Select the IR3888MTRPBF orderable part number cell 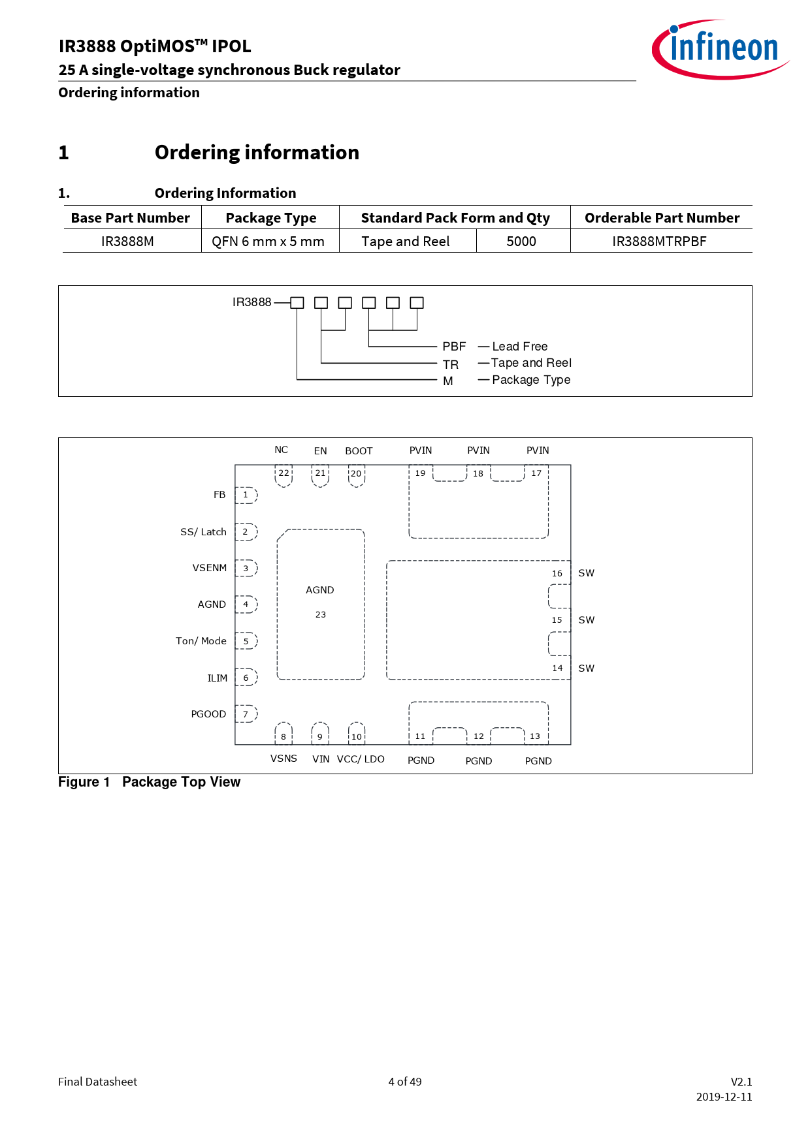pyautogui.click(x=659, y=242)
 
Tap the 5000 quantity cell pyautogui.click(x=521, y=242)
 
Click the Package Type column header pyautogui.click(x=270, y=218)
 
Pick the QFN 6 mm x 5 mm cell pyautogui.click(x=268, y=242)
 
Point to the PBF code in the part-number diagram pyautogui.click(x=454, y=347)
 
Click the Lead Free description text pyautogui.click(x=520, y=347)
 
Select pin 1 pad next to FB pyautogui.click(x=246, y=495)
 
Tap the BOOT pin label pyautogui.click(x=359, y=451)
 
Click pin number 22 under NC pyautogui.click(x=283, y=473)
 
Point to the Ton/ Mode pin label pyautogui.click(x=201, y=641)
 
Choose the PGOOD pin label pyautogui.click(x=208, y=714)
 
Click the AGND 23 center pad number pyautogui.click(x=321, y=615)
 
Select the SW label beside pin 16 pyautogui.click(x=586, y=573)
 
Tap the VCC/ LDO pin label pyautogui.click(x=361, y=759)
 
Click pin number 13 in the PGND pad pyautogui.click(x=535, y=736)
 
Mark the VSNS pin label pyautogui.click(x=283, y=759)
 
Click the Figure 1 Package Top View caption pyautogui.click(x=149, y=782)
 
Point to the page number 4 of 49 pyautogui.click(x=405, y=1082)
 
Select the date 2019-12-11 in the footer pyautogui.click(x=724, y=1097)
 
